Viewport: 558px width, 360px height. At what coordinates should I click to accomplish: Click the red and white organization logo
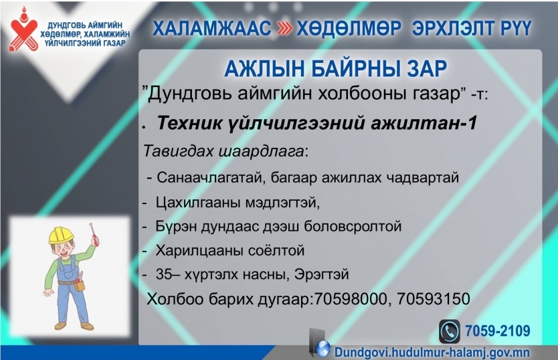24,29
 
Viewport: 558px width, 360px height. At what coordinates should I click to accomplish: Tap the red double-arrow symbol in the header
285,29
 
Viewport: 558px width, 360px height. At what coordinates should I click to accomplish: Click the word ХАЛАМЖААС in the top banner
211,29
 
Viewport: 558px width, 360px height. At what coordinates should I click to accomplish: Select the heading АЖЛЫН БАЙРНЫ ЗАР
335,68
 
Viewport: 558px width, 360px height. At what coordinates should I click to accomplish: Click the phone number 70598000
351,298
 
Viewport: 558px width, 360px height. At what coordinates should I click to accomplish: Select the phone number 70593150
434,298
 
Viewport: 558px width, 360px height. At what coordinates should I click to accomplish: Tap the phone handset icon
450,331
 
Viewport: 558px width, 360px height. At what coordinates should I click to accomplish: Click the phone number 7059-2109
498,331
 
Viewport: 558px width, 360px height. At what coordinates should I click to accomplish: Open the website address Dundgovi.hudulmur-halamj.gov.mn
432,353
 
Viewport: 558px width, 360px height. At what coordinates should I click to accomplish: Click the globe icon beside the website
322,349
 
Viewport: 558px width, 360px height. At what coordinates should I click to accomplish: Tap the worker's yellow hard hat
61,235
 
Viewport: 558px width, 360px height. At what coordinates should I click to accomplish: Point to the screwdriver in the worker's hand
94,234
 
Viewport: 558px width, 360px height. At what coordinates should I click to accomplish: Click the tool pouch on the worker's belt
79,284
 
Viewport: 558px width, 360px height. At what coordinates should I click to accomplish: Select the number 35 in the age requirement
164,274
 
